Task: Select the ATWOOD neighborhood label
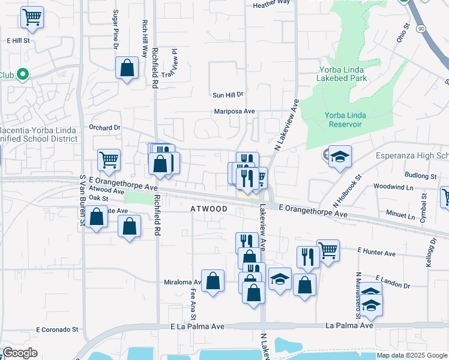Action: click(x=209, y=209)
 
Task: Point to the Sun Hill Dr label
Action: click(x=228, y=95)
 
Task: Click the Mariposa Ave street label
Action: click(x=235, y=111)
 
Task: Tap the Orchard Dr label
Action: click(x=104, y=127)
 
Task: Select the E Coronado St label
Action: click(x=58, y=329)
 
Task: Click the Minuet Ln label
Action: click(x=400, y=213)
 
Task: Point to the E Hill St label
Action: click(x=18, y=41)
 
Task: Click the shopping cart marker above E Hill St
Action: click(x=32, y=17)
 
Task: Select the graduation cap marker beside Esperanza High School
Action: click(x=340, y=157)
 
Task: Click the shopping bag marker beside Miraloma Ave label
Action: click(x=212, y=281)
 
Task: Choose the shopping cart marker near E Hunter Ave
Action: click(x=328, y=250)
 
